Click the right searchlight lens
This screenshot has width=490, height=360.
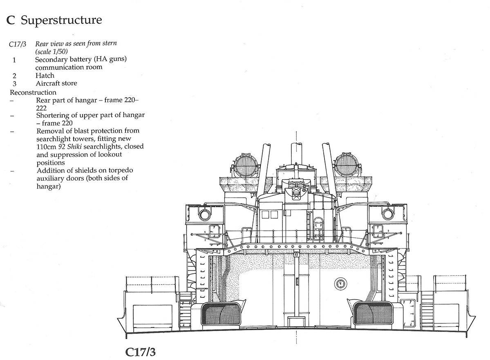point(347,165)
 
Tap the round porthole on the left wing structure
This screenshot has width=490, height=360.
point(205,215)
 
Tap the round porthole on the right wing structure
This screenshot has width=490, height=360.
point(388,214)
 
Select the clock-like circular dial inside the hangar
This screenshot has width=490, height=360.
point(340,284)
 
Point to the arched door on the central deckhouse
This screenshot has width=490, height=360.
point(318,229)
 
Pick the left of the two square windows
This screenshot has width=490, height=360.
point(265,215)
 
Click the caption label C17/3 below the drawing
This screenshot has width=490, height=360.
point(140,352)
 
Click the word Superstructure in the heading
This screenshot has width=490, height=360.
point(61,20)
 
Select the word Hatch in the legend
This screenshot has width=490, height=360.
point(45,75)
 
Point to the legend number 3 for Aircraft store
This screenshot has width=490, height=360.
point(14,83)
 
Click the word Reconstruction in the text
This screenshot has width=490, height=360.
point(33,92)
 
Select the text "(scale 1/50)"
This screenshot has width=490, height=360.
point(51,51)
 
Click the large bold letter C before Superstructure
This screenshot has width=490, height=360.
point(11,20)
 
